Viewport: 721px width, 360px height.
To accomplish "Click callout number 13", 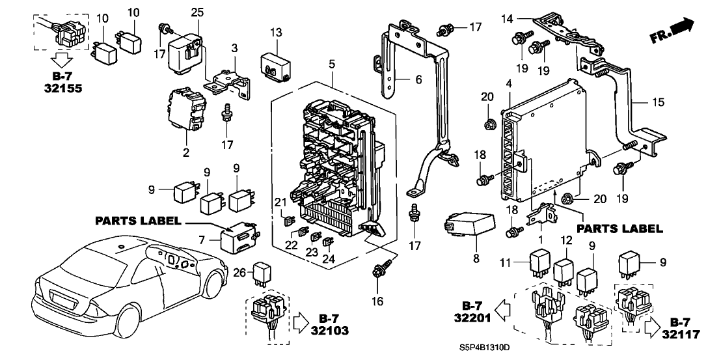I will pyautogui.click(x=276, y=33).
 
